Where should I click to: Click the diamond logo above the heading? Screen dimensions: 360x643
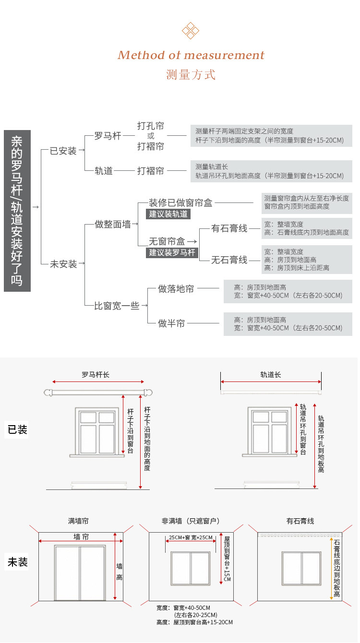coord(191,30)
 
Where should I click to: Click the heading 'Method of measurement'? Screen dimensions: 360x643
coord(191,55)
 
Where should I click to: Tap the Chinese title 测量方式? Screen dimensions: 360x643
coord(191,75)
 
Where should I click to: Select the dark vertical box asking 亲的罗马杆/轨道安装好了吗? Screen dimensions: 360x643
coord(17,211)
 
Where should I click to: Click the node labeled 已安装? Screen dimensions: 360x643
coord(63,151)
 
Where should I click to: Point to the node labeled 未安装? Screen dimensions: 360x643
coord(63,264)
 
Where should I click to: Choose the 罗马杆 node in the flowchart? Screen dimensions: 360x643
coord(108,136)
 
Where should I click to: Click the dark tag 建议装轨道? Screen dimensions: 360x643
coord(168,214)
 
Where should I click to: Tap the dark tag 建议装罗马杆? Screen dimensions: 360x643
coord(172,252)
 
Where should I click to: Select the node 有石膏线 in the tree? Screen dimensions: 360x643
coord(229,228)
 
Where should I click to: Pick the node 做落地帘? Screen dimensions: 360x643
coord(176,289)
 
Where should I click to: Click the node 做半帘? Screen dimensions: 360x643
coord(171,323)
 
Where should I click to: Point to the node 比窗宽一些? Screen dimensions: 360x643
coord(117,306)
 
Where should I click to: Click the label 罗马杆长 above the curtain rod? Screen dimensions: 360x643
coord(96,374)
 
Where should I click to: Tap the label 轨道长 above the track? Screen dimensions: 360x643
coord(271,374)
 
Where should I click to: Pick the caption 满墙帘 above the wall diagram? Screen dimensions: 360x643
coord(78,521)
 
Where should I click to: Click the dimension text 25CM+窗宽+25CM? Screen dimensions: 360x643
coord(191,537)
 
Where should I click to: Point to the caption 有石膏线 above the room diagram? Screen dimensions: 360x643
coord(300,521)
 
